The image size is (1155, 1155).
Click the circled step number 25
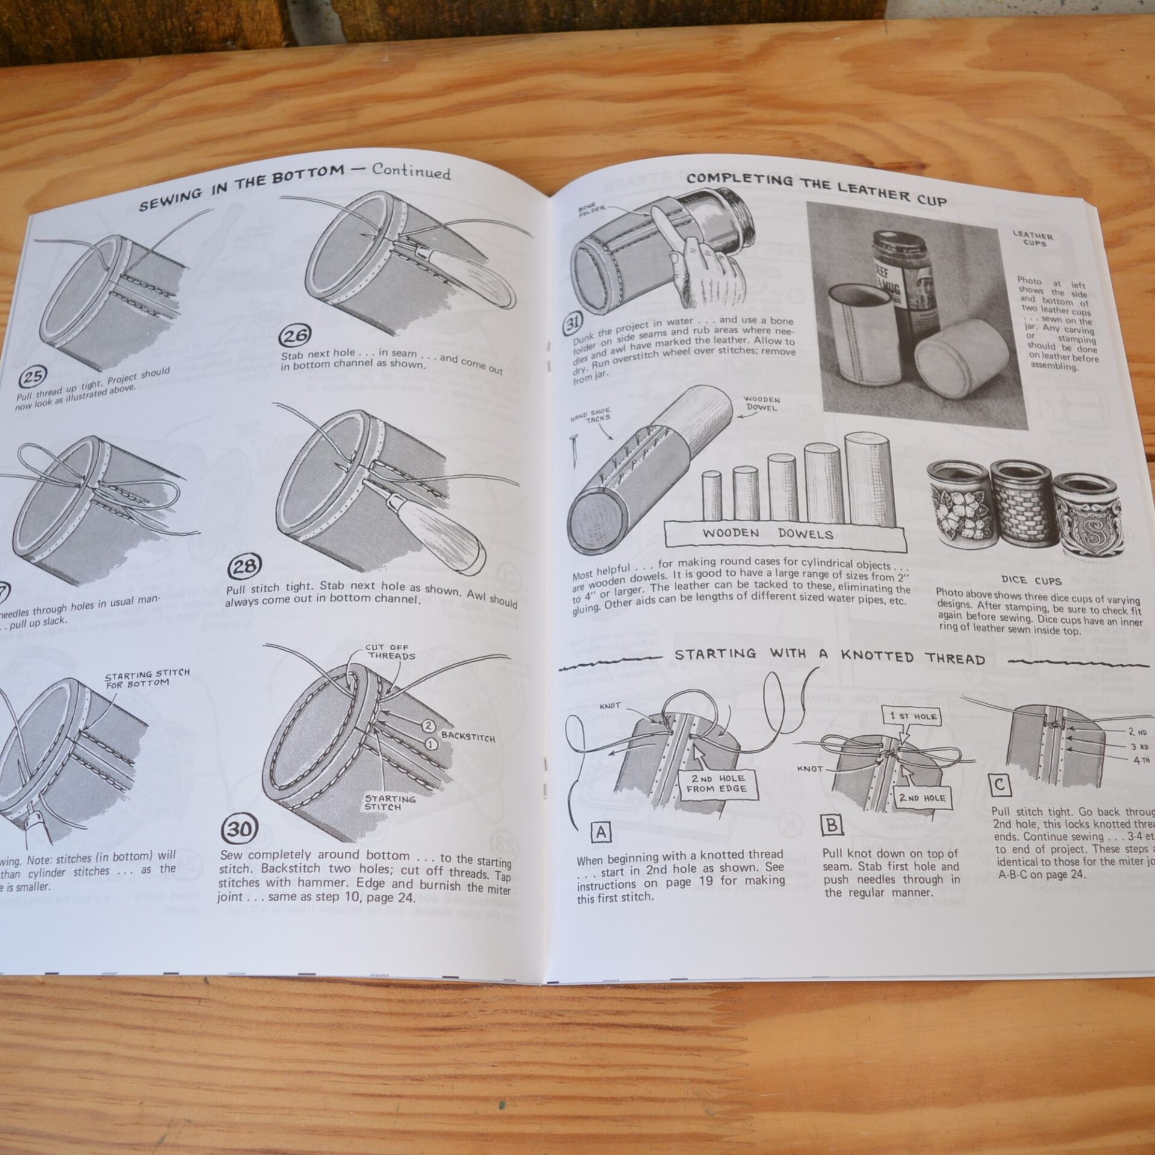[x=31, y=377]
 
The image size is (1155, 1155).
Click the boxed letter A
[x=602, y=833]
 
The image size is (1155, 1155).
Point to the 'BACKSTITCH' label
[x=467, y=736]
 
